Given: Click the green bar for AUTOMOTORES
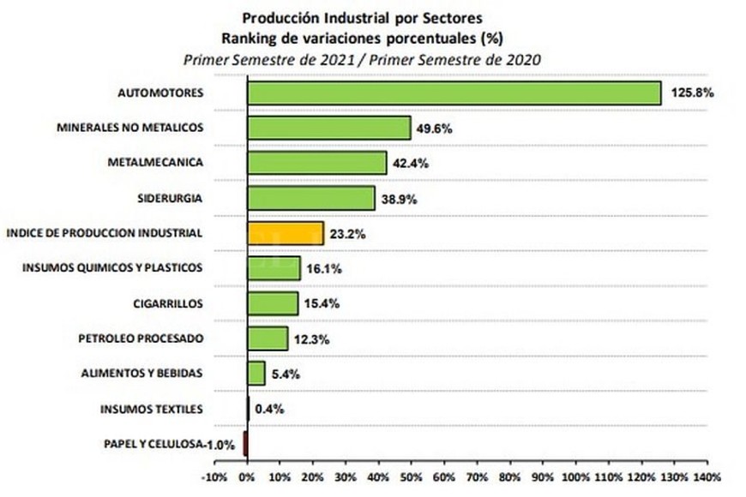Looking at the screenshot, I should tap(454, 93).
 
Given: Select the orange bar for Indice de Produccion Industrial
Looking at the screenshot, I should tap(285, 233).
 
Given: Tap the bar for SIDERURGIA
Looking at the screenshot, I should tap(310, 198).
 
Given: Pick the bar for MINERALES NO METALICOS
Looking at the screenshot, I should tap(328, 128).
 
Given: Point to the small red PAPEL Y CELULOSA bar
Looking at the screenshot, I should tap(245, 443).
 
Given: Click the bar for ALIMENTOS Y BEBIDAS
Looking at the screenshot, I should tap(256, 373).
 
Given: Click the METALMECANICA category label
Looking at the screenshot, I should tap(155, 163).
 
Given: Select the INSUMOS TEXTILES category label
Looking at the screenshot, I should tap(151, 409).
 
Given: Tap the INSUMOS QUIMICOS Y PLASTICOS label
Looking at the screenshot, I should tap(112, 268).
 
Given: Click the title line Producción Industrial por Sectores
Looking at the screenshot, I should tap(362, 17).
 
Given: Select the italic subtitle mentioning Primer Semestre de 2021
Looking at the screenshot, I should tap(362, 58).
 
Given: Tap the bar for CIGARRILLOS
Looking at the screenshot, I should tap(273, 303).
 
